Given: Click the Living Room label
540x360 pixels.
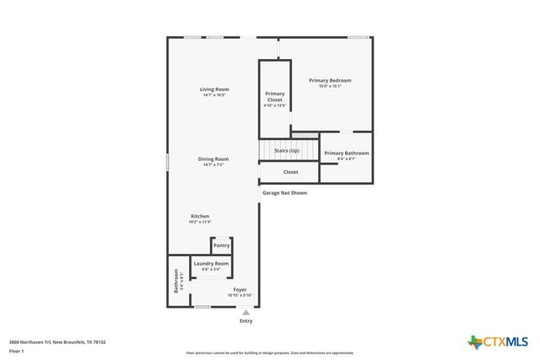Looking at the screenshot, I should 214,89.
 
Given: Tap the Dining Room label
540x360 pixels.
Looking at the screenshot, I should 213,159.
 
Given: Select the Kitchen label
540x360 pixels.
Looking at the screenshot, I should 199,216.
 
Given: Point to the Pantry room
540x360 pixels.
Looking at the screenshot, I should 221,245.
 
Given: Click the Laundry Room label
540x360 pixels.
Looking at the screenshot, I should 211,263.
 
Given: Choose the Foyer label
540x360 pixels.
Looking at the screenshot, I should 240,289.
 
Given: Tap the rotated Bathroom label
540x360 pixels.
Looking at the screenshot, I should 177,280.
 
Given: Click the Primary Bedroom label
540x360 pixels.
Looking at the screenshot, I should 329,80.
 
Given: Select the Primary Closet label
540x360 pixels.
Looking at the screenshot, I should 275,96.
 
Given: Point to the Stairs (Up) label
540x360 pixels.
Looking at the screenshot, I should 287,150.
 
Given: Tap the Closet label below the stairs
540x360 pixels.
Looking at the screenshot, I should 290,172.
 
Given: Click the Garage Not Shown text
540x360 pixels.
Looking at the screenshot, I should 284,192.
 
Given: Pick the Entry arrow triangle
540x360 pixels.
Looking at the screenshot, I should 246,311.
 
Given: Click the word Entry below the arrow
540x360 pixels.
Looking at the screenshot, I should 246,320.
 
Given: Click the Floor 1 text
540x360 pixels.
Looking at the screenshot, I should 16,350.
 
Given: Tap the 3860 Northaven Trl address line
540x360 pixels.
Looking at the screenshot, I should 57,341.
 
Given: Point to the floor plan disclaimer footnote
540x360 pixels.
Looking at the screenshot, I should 270,353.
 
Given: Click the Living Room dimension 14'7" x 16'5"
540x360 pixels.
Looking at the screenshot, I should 214,95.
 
